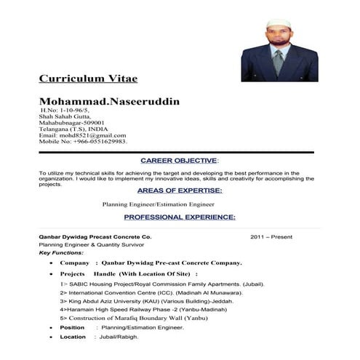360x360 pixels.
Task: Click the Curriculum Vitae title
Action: point(87,78)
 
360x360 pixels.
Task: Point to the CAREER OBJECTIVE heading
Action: point(178,160)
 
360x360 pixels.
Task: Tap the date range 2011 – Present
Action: point(271,237)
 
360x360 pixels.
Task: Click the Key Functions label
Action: point(62,252)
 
